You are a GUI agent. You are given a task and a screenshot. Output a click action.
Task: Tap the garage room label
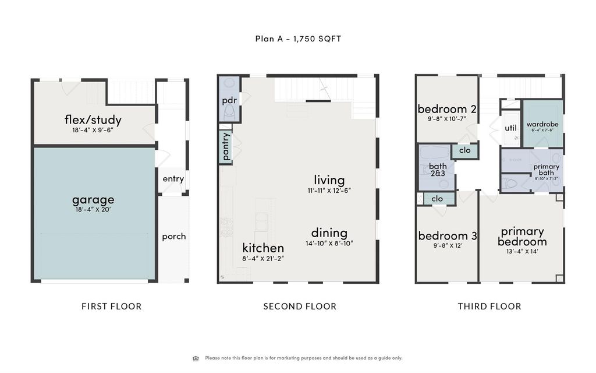tap(93, 199)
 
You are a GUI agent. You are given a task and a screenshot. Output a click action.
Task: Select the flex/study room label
tap(93, 120)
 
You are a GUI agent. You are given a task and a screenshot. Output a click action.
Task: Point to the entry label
tap(173, 179)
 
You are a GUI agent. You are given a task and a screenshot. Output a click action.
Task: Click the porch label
tap(173, 236)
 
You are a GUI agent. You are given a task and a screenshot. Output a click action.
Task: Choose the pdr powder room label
tap(229, 100)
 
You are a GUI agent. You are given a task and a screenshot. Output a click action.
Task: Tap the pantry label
tap(226, 146)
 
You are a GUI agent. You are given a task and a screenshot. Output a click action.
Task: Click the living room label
tap(329, 180)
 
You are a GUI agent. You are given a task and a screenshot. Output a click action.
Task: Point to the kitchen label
tap(263, 248)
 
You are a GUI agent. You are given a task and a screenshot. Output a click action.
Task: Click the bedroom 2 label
tap(447, 109)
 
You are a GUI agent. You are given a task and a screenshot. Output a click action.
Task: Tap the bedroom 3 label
tap(448, 235)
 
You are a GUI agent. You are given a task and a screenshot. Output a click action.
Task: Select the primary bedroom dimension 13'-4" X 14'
tap(522, 251)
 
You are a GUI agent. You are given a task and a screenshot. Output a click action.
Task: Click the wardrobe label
tap(542, 124)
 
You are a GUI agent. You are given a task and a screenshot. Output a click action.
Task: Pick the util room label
tap(510, 128)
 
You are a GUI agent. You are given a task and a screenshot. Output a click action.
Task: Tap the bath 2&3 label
tap(438, 170)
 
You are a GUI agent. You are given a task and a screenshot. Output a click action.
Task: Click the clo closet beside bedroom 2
tap(464, 150)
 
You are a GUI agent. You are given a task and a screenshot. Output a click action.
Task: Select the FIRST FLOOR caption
tap(111, 306)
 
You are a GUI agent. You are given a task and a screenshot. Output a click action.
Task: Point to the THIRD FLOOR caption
tap(489, 306)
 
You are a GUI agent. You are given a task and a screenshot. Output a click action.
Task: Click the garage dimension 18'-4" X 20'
tap(93, 209)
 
